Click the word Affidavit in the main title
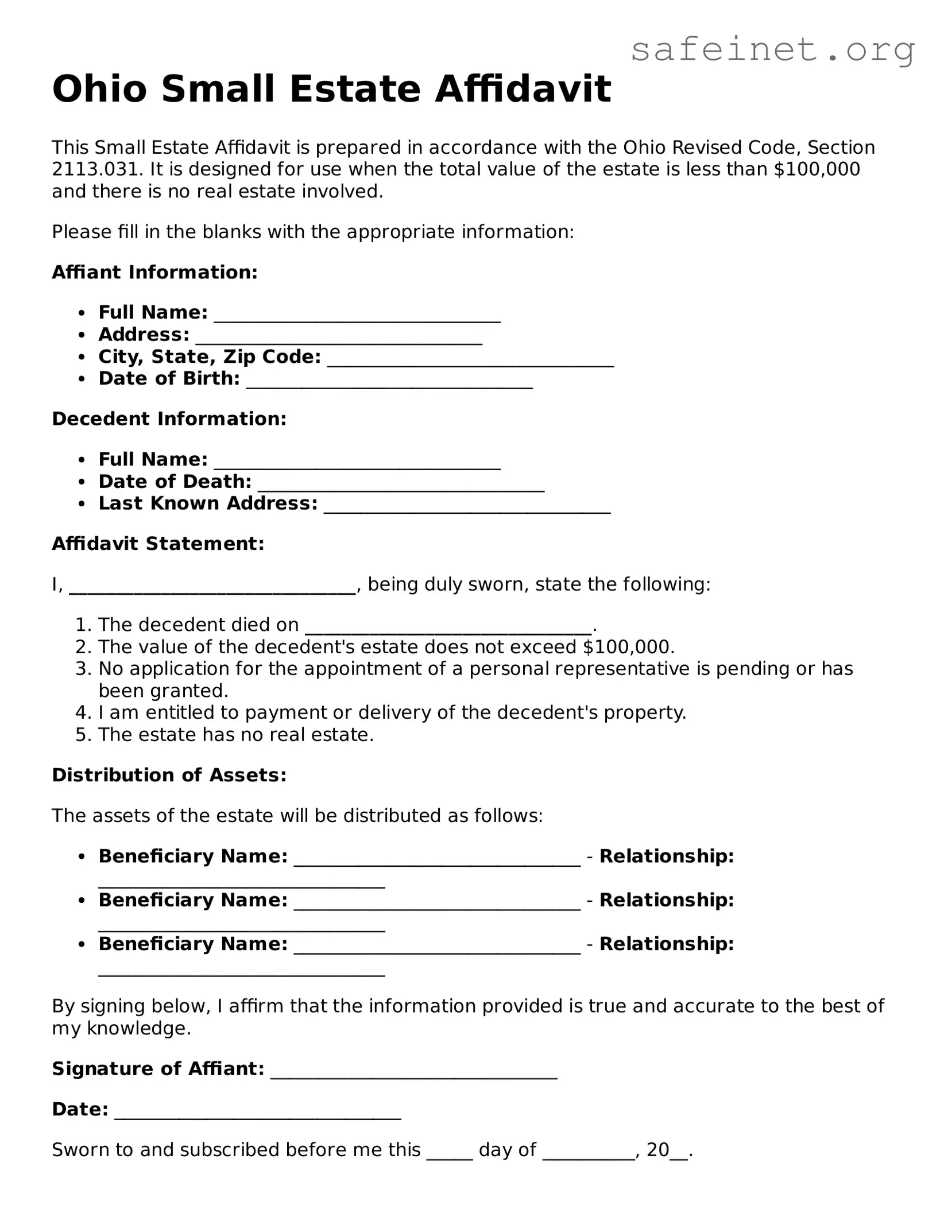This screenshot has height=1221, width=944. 523,90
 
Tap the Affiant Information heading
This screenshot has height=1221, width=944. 155,272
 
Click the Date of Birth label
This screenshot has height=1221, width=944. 169,379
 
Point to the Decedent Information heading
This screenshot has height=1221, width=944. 169,419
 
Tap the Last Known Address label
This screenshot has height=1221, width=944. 208,503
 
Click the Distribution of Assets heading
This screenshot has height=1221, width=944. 169,776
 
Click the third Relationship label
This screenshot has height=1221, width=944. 667,944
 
